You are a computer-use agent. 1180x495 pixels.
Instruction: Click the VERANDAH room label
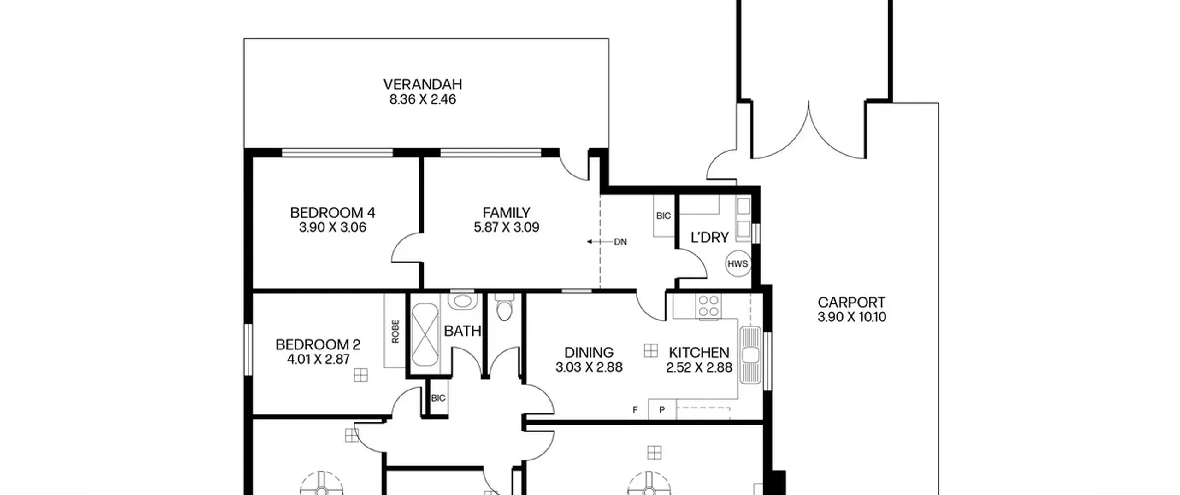pos(423,85)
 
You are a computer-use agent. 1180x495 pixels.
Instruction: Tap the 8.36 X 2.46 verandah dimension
pos(423,99)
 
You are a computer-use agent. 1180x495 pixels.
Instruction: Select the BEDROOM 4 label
pos(332,213)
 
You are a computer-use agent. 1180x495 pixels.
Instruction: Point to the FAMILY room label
pos(506,213)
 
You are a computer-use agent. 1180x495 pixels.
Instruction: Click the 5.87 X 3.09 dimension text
pos(506,227)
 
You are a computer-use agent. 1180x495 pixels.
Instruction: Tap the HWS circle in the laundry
pos(737,264)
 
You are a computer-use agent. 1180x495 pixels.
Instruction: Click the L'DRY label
pos(709,238)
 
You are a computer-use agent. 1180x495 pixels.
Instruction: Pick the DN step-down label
pos(620,242)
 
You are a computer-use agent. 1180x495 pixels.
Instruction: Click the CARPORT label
pos(851,303)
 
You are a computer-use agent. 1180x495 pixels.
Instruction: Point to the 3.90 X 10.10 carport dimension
pos(851,317)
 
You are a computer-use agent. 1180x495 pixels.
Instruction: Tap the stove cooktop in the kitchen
pos(708,307)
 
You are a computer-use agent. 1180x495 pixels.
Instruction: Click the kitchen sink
pos(750,355)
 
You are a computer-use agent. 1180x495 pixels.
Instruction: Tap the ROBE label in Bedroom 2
pos(395,332)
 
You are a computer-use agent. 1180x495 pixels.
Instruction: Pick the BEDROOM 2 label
pos(318,345)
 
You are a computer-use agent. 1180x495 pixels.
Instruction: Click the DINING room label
pos(589,353)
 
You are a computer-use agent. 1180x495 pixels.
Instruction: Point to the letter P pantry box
pos(662,410)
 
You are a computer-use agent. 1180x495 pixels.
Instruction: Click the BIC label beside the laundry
pos(663,216)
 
